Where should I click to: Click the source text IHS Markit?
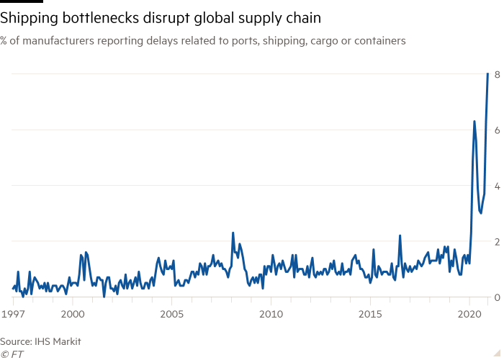(40, 341)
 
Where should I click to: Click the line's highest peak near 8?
(488, 75)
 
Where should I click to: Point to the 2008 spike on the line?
(233, 233)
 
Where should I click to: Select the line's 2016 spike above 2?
(400, 235)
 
